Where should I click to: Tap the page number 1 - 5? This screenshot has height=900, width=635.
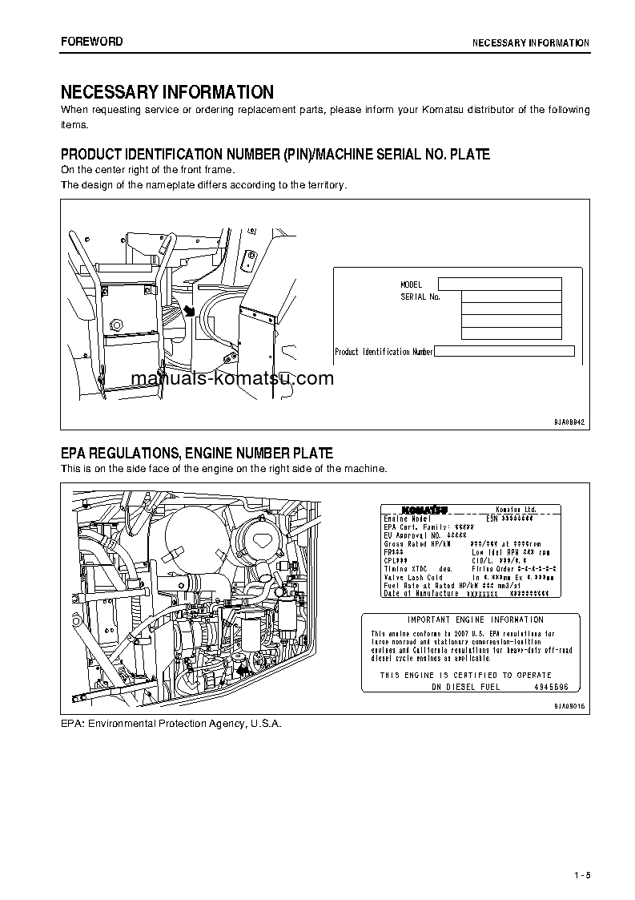(x=581, y=874)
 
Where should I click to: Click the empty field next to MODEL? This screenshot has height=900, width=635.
(x=500, y=284)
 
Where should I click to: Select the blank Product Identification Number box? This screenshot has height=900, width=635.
(x=504, y=351)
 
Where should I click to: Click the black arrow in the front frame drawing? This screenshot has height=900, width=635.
(x=189, y=311)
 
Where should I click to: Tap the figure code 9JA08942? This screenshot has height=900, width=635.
(x=569, y=422)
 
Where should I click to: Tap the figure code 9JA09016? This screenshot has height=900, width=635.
(x=569, y=706)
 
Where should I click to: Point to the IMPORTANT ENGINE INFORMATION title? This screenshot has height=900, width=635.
(x=475, y=620)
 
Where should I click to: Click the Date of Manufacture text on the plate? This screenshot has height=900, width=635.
(x=421, y=593)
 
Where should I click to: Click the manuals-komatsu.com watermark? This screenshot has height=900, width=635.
(x=231, y=379)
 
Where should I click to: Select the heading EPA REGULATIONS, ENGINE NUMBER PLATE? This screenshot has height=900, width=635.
(x=197, y=454)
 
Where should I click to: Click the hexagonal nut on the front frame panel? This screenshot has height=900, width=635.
(x=117, y=325)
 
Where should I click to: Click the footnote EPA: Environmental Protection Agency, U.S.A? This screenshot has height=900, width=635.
(x=171, y=723)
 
